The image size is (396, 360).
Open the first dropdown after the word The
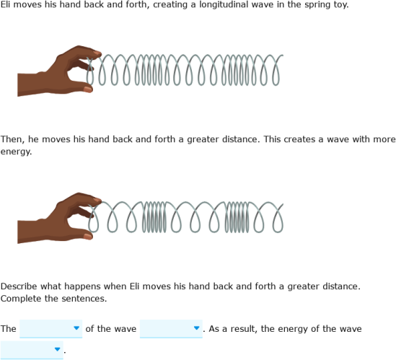tap(50, 329)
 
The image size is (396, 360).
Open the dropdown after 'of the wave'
tap(171, 329)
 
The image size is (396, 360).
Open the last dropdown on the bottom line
tap(32, 351)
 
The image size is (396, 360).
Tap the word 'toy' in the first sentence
tap(339, 5)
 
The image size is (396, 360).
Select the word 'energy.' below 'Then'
tap(16, 152)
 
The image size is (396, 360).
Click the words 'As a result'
tap(234, 329)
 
